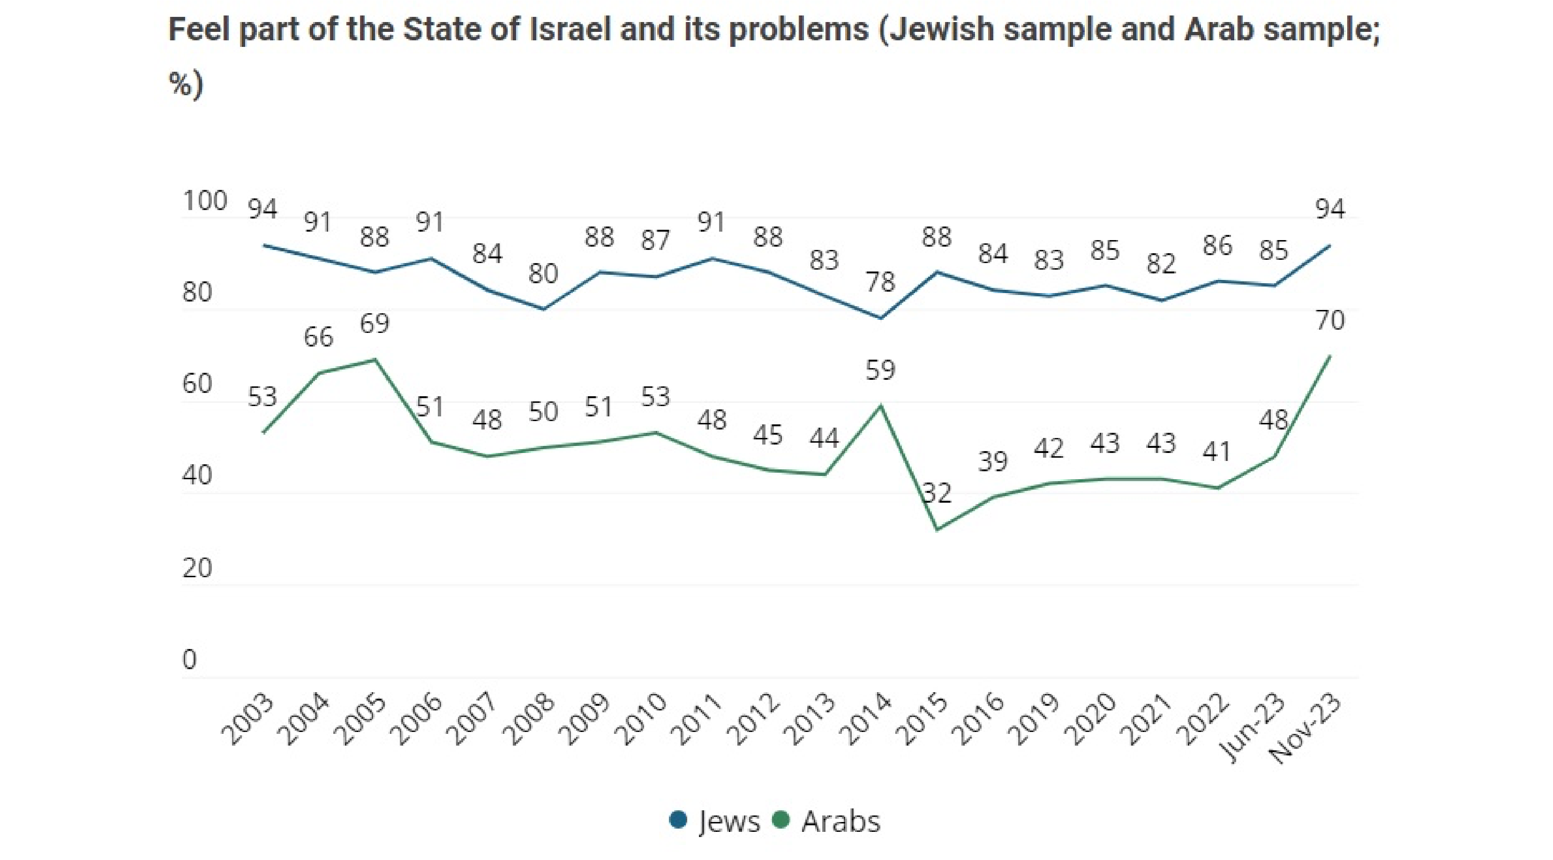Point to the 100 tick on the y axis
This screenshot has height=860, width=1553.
204,201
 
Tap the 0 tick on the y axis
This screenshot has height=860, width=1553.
189,660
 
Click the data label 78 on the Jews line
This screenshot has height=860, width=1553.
880,282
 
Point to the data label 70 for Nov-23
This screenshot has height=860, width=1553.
1330,321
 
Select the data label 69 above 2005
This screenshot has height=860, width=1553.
375,324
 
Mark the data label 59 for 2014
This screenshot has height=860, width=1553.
880,370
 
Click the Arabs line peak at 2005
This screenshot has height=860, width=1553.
375,360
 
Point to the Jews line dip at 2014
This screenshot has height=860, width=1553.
881,318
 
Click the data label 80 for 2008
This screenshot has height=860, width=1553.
543,274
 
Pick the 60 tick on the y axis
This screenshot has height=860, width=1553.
197,384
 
